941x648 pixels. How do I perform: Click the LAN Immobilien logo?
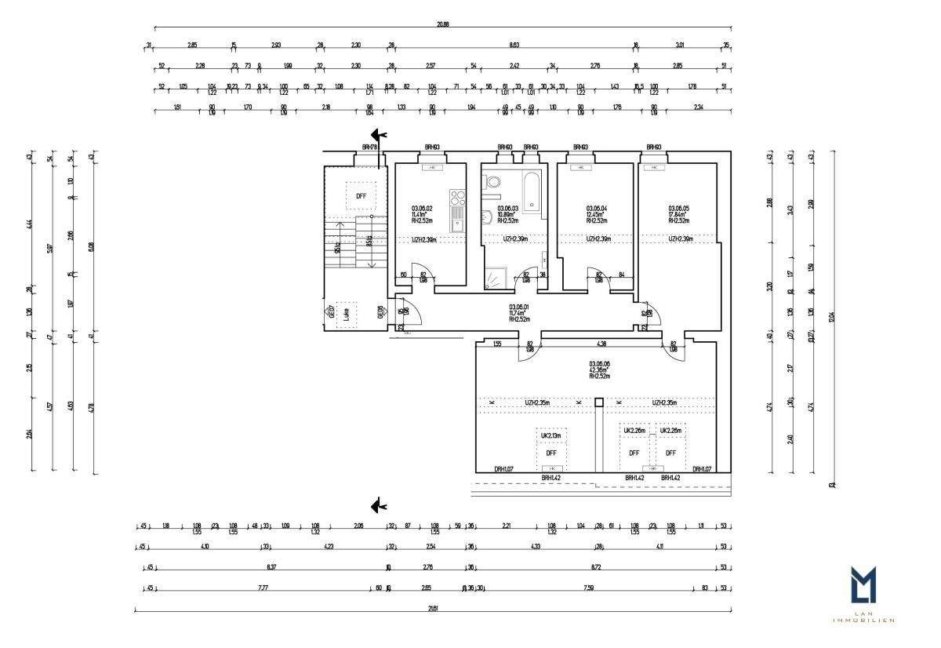[x=863, y=592]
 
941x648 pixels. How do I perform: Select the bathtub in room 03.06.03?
[x=532, y=191]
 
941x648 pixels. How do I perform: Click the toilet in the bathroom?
[x=493, y=183]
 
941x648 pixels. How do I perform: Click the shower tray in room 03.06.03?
[x=496, y=278]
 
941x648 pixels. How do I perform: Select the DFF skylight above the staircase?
[x=361, y=196]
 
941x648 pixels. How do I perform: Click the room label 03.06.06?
[x=599, y=364]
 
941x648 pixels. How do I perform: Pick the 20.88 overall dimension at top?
[x=443, y=24]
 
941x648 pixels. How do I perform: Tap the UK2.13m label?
[x=550, y=434]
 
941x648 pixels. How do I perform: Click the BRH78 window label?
[x=370, y=147]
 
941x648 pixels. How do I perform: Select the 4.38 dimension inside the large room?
[x=602, y=343]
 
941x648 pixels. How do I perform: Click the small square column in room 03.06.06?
[x=599, y=403]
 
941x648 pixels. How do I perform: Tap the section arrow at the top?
[x=379, y=135]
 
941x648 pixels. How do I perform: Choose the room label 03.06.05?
[x=678, y=208]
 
